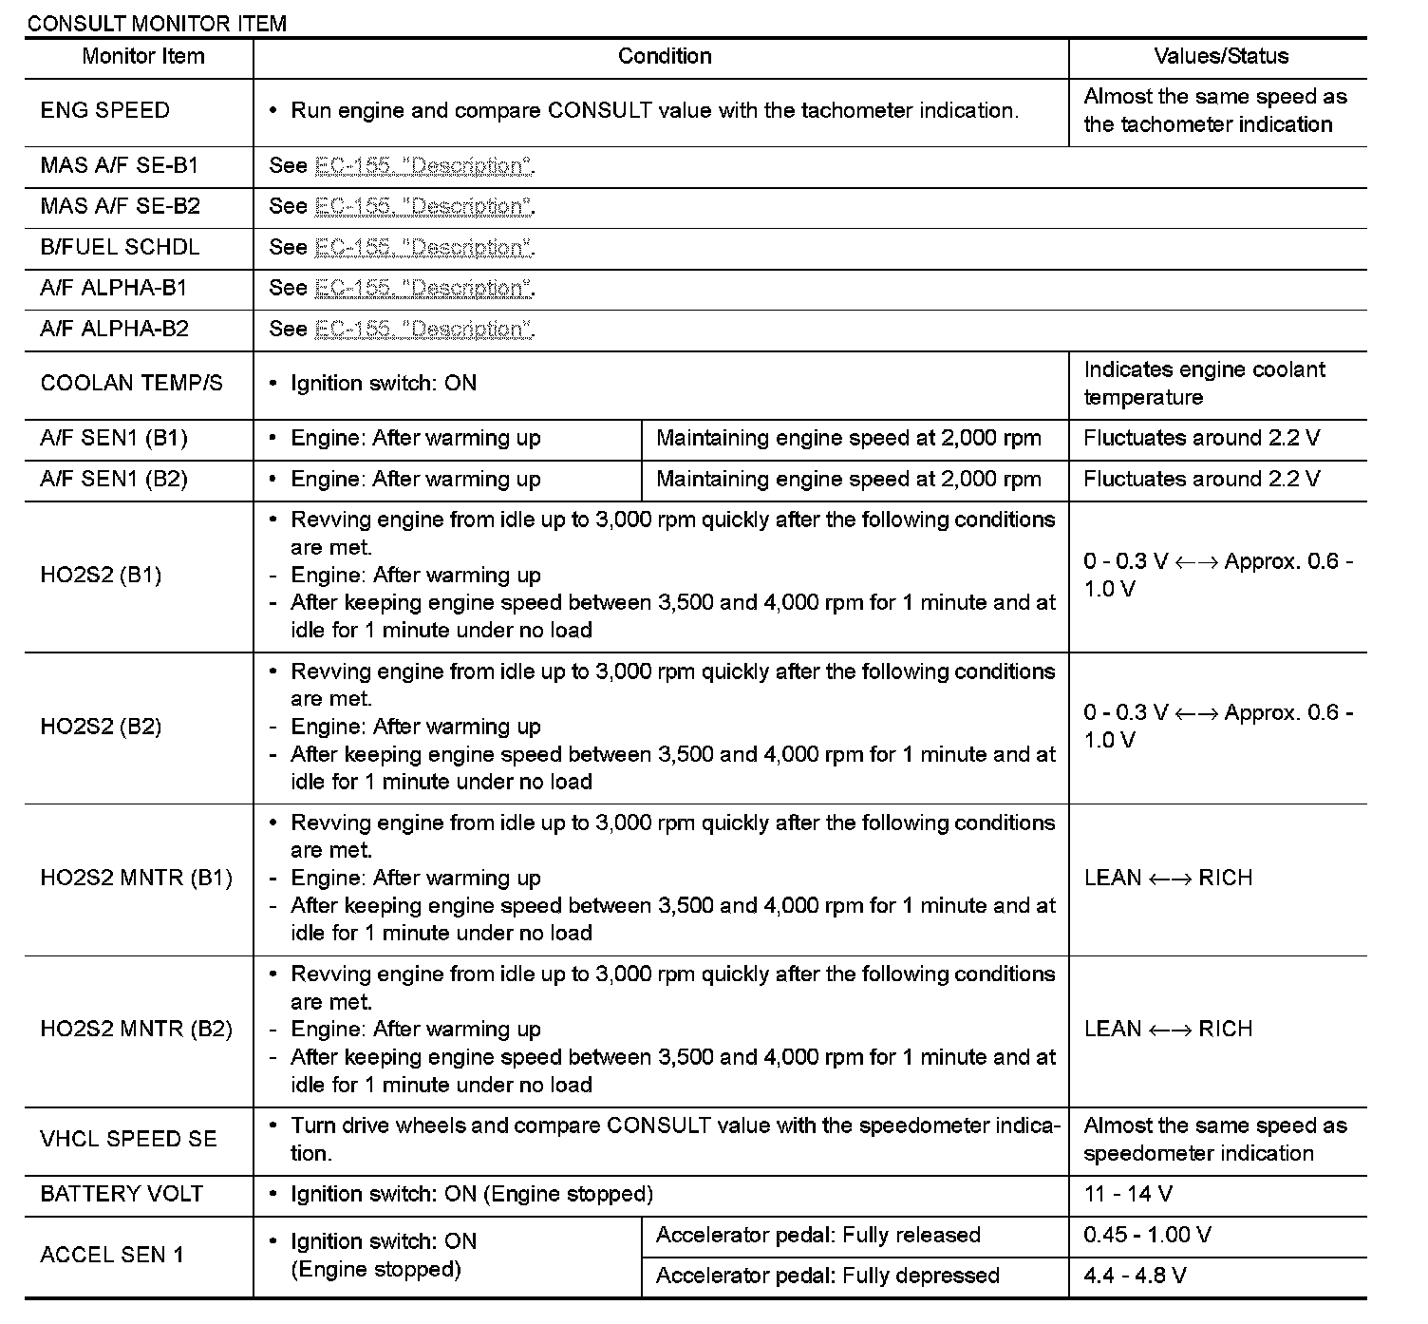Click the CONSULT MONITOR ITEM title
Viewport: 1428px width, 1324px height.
(157, 23)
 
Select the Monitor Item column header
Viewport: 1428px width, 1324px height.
(142, 56)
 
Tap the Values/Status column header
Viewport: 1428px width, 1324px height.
(1221, 56)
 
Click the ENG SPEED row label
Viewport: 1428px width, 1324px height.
(105, 110)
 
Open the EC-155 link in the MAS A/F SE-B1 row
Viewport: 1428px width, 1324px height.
(423, 166)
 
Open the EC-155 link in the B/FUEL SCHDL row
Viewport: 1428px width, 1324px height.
(423, 248)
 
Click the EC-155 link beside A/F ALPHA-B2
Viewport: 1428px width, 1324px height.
(423, 330)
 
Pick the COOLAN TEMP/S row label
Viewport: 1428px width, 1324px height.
(132, 384)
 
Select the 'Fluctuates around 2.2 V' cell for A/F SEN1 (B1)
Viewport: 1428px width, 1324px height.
(1201, 438)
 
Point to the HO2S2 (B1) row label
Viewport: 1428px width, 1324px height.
(101, 575)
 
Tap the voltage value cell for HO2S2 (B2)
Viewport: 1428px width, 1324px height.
(1218, 727)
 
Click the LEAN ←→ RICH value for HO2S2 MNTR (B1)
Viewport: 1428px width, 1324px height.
(1168, 878)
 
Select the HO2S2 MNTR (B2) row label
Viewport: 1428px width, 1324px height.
(136, 1030)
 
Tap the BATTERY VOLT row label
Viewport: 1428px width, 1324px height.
(122, 1194)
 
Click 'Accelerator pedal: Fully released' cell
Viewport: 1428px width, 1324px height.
(817, 1235)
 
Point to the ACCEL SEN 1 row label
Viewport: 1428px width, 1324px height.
(112, 1255)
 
